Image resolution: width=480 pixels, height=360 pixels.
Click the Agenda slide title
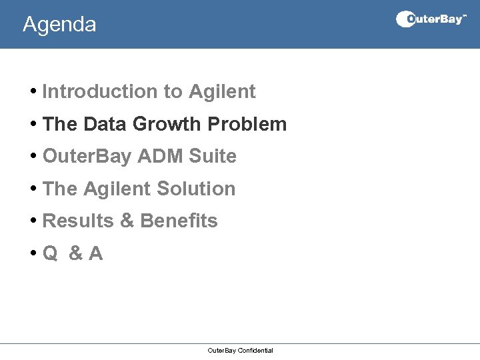tap(59, 25)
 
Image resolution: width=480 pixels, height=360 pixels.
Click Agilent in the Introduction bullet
tap(222, 92)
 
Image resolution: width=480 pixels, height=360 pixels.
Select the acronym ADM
tap(161, 157)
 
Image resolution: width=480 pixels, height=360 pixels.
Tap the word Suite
tap(213, 157)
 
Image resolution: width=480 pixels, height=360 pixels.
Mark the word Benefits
tap(179, 221)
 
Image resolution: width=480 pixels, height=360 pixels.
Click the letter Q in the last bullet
tap(50, 253)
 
